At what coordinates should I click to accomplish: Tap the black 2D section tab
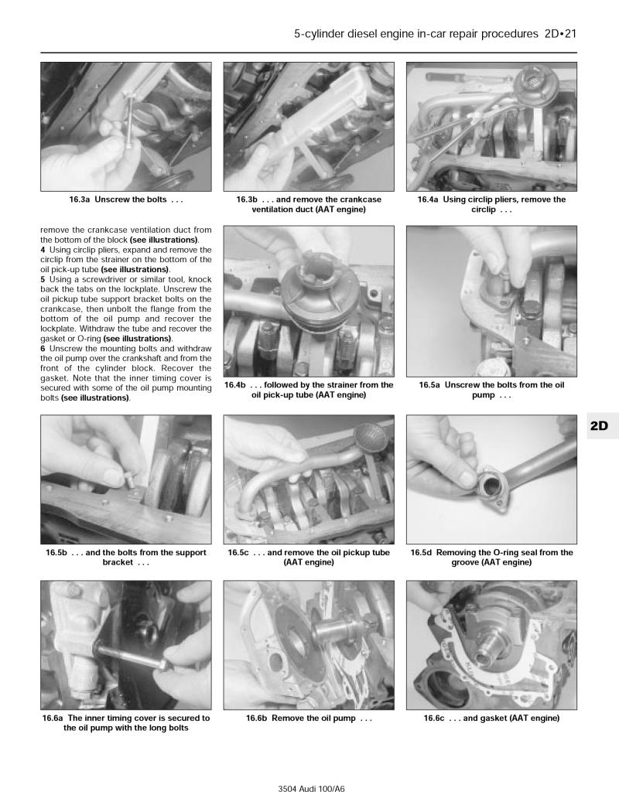click(598, 425)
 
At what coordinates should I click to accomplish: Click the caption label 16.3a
click(80, 200)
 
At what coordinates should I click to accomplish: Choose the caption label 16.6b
click(257, 718)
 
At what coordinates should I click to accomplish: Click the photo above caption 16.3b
click(309, 126)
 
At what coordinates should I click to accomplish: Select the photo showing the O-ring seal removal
click(491, 479)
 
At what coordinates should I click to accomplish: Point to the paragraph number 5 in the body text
click(43, 278)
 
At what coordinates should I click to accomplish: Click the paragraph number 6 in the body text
click(43, 349)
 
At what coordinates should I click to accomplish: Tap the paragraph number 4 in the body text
click(43, 250)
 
